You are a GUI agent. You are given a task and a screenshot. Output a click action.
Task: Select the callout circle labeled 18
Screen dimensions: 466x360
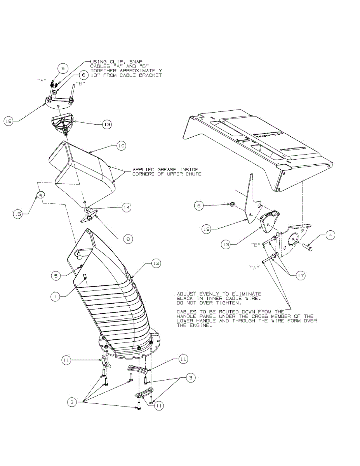[8, 121]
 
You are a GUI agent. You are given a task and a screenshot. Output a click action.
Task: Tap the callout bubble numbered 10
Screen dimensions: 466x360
[121, 146]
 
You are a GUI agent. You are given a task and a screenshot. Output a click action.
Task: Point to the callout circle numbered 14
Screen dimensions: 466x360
[125, 208]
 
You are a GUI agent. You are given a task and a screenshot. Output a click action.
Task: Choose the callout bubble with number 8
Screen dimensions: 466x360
[127, 240]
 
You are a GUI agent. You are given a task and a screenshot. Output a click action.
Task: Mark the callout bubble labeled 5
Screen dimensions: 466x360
[56, 276]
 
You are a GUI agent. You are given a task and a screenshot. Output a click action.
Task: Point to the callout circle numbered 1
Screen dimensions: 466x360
[56, 296]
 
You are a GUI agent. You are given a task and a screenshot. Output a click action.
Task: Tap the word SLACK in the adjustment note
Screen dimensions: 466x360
[186, 298]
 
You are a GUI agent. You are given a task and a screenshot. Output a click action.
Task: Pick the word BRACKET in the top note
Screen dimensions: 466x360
[149, 75]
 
